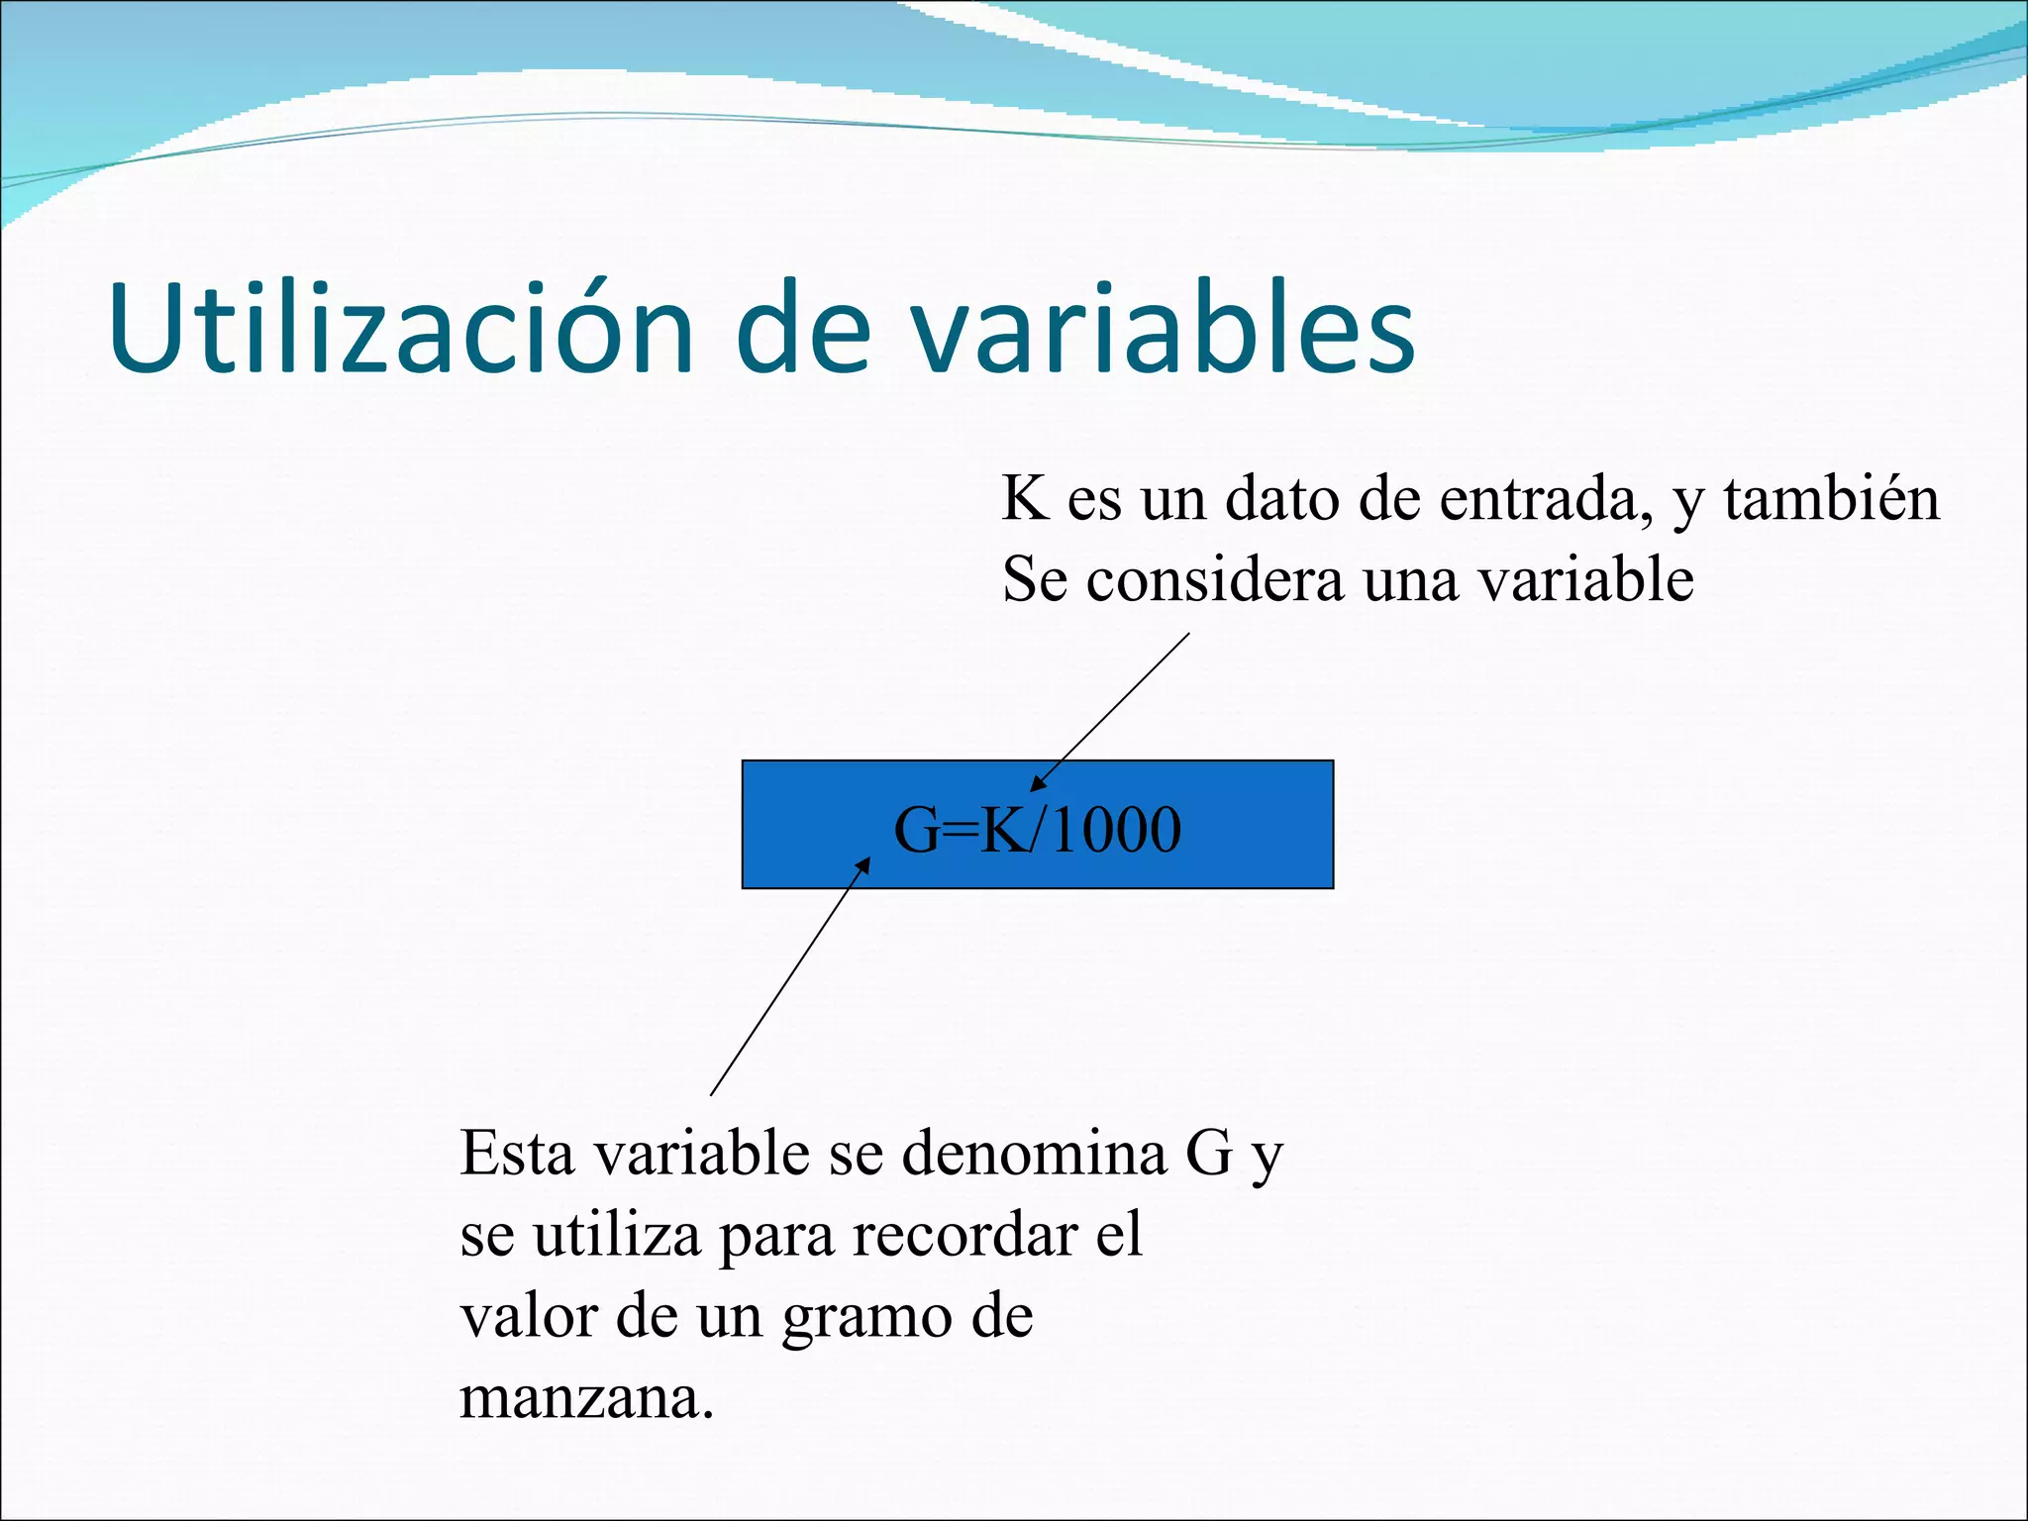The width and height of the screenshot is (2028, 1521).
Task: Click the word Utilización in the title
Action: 401,329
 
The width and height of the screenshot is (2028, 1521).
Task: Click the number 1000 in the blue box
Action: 1116,829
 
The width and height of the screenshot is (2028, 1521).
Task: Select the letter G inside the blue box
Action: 916,829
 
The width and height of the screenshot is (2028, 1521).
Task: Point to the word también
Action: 1831,498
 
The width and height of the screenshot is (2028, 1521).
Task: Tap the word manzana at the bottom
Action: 586,1398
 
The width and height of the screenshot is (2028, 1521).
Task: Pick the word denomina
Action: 1034,1154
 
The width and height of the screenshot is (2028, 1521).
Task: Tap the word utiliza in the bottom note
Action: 617,1236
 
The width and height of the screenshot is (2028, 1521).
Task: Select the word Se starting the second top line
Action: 1034,579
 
